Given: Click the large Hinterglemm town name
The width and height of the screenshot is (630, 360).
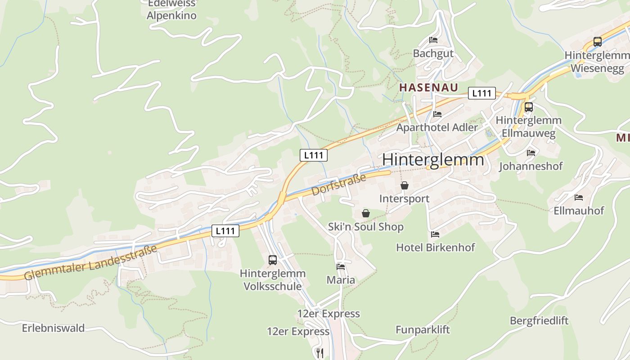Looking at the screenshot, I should coord(433,160).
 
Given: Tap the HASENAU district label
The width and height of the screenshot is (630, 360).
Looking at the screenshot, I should coord(428,87).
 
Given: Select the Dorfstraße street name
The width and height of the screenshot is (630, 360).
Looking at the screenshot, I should coord(339,185).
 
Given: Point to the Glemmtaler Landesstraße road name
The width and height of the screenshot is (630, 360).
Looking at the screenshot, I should coord(90,262).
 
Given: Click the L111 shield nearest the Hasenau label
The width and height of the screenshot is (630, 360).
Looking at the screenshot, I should coord(481,93).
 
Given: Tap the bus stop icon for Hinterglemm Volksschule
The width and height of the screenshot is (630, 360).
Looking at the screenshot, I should coord(273,260).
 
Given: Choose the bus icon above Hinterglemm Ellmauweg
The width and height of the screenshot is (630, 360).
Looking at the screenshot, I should coord(529,107).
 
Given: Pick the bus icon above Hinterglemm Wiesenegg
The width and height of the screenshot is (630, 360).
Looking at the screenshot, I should coord(597,42).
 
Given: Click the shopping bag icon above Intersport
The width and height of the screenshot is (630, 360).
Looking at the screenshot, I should coord(404,185).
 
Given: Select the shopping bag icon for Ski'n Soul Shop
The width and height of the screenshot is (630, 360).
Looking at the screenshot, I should coord(366,213).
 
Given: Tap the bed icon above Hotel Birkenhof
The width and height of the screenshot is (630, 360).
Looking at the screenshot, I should coord(435,234).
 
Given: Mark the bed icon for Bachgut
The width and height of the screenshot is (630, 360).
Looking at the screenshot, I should coord(433,40).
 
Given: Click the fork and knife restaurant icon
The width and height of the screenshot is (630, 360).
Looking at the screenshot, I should coord(320,352).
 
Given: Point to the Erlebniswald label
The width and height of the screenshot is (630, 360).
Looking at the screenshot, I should coord(53,328).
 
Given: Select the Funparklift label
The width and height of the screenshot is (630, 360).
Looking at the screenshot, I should coord(423,330).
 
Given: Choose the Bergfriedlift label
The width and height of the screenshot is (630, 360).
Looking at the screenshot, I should coord(539,321).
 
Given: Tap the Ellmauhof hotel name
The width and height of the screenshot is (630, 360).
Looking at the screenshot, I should coord(578,211).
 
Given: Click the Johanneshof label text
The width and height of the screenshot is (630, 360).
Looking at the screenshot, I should coord(531,166).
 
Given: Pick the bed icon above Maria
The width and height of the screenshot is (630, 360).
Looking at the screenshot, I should coord(341,266).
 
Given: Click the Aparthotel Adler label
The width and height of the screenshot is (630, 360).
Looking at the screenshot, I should coord(436,127).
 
